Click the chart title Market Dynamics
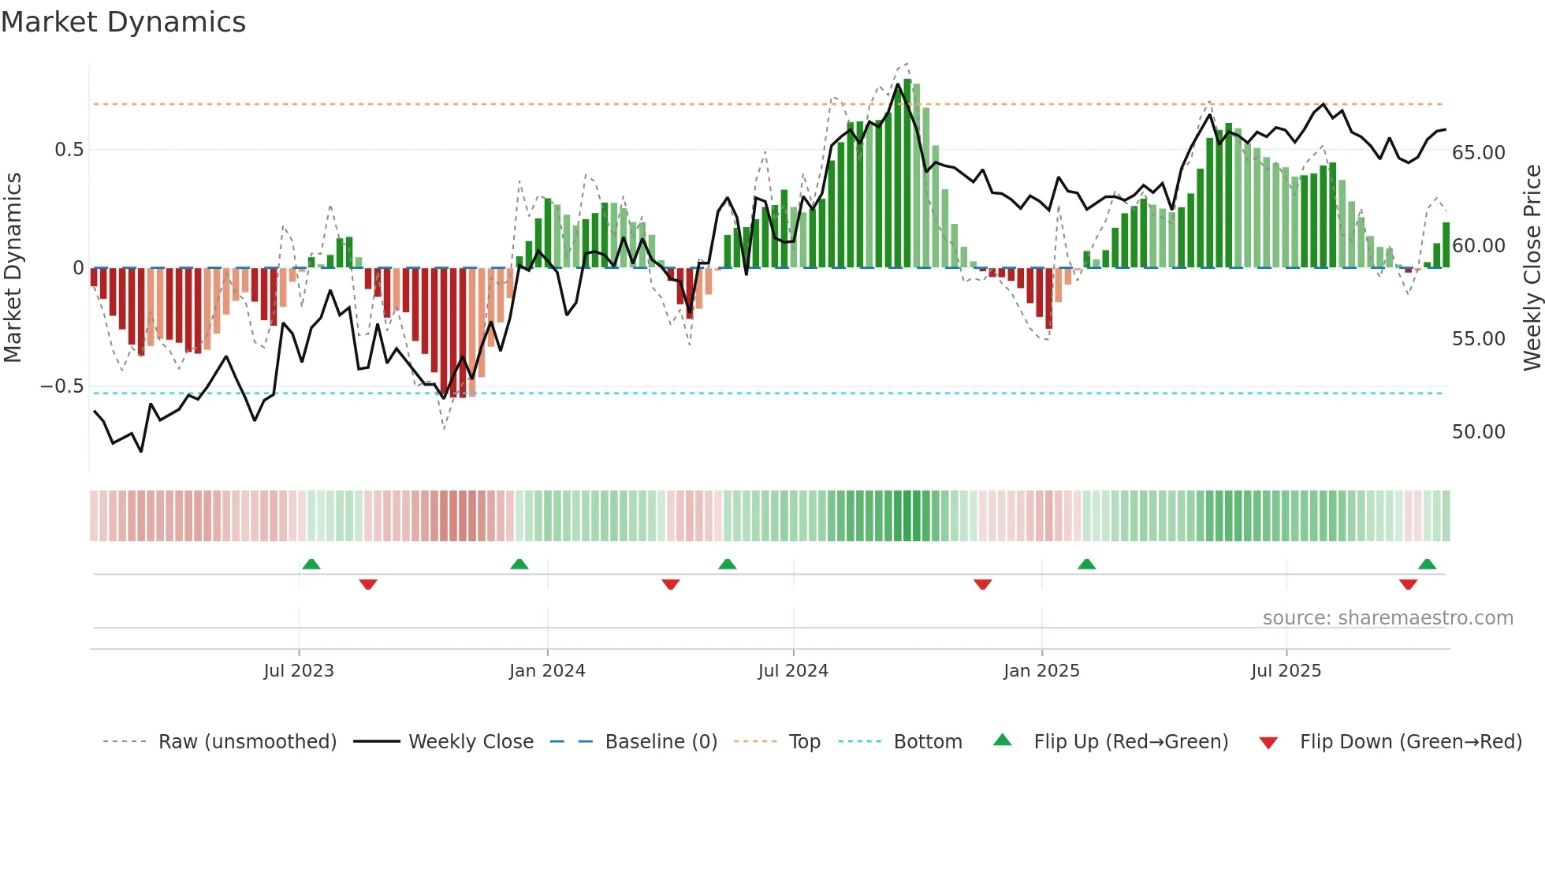[124, 22]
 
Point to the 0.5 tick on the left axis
[69, 150]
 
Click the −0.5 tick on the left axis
[62, 386]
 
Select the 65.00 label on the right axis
[1478, 153]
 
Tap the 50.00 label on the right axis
[1478, 432]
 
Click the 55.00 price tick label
[1478, 339]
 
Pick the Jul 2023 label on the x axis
[299, 671]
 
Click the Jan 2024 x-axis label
[547, 671]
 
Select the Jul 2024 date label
[793, 671]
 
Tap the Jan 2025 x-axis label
[1041, 671]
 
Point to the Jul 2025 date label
[1286, 671]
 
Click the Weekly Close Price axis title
[1532, 268]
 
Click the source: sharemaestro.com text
[1387, 618]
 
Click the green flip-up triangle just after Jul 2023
[311, 565]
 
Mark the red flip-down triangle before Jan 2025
[982, 584]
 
